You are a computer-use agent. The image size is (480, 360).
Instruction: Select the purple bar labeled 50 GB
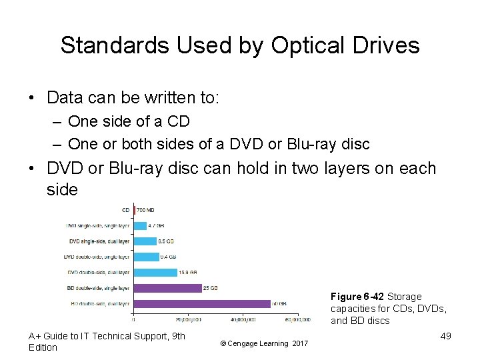(x=201, y=303)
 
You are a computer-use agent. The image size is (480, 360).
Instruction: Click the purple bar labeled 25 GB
(x=167, y=288)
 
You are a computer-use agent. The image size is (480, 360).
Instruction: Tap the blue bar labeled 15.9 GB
(x=155, y=272)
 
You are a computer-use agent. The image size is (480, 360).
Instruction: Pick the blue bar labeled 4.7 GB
(x=140, y=225)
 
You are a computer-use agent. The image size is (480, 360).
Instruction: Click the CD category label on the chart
(x=126, y=210)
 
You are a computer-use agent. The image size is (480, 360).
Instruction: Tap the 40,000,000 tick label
(x=243, y=319)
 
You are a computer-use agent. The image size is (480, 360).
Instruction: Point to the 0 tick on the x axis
(x=134, y=319)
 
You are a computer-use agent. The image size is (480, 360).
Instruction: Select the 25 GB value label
(x=210, y=288)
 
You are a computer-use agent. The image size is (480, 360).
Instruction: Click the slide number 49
(x=445, y=335)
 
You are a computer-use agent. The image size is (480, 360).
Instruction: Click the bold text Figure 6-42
(x=357, y=296)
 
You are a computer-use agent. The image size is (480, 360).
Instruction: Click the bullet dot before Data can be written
(x=32, y=97)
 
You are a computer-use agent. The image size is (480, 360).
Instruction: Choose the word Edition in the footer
(x=43, y=347)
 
